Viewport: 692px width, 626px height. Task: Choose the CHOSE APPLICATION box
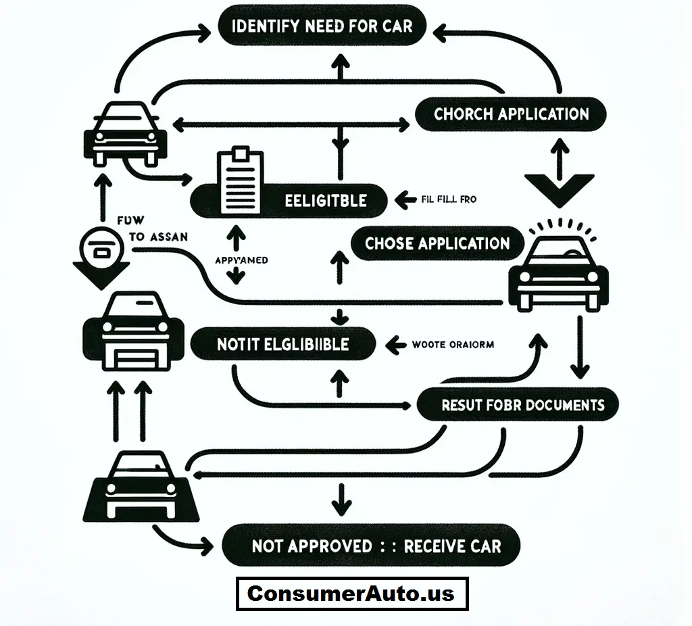[x=437, y=243]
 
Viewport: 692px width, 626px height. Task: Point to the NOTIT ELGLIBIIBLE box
[x=283, y=344]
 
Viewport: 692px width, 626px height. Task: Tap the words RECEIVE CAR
[x=452, y=546]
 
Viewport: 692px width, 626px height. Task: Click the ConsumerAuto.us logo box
[x=351, y=594]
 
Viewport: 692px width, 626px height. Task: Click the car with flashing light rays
[x=558, y=270]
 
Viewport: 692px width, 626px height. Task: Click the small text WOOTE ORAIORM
[x=452, y=345]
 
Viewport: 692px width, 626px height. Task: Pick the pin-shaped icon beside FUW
[x=101, y=254]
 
